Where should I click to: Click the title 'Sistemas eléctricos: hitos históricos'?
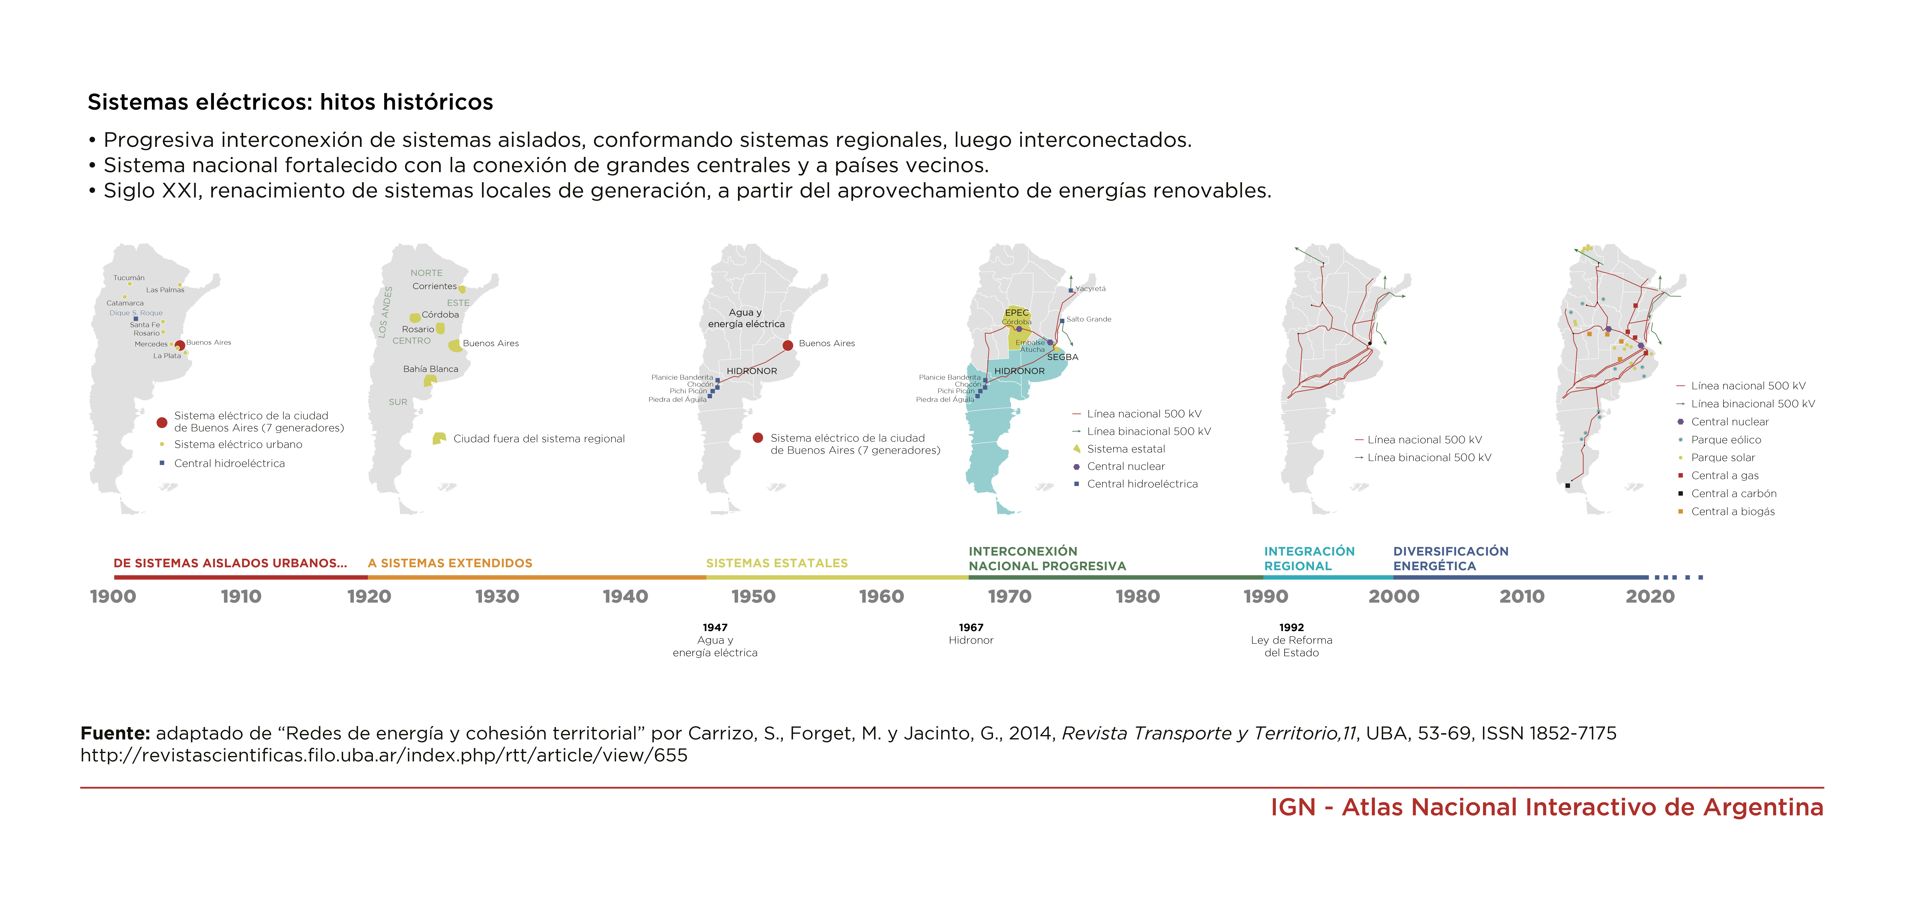point(290,102)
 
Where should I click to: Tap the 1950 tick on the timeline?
point(753,596)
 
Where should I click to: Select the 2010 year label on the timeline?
point(1522,596)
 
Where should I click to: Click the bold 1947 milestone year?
point(715,627)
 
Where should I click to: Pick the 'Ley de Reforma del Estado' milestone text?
point(1291,646)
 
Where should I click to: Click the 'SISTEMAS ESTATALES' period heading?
point(777,563)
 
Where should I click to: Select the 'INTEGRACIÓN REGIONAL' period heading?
point(1309,558)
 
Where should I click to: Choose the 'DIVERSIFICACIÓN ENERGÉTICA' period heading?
point(1450,558)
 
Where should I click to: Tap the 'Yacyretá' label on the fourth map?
point(1091,288)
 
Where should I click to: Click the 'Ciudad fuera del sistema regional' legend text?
point(539,439)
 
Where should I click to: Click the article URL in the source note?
point(384,755)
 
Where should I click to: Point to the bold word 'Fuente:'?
point(116,733)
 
